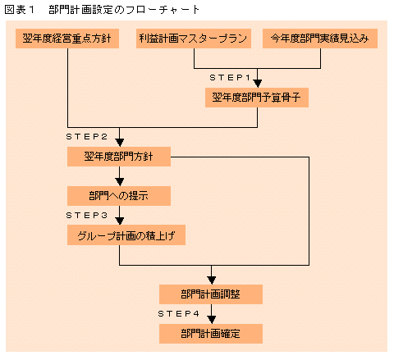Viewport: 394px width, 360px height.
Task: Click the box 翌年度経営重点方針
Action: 67,39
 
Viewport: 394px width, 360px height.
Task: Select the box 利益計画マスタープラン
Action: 194,39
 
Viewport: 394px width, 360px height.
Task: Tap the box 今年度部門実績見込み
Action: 320,39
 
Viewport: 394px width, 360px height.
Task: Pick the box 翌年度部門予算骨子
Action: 257,98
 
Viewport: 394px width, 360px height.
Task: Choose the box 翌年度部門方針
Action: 119,157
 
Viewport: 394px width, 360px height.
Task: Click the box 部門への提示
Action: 119,196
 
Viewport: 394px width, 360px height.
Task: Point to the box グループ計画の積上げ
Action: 126,235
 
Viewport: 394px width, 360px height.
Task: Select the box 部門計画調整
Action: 211,294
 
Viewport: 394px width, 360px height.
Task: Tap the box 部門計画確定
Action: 211,334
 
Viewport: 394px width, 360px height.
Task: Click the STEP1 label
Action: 230,78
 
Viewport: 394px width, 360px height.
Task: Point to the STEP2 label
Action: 86,137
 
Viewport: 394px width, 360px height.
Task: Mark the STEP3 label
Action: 86,216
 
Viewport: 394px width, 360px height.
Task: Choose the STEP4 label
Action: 178,314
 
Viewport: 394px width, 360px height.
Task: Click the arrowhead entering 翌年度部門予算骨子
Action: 257,84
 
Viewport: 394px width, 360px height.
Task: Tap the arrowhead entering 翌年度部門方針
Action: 120,143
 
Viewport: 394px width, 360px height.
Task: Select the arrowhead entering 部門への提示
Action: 120,182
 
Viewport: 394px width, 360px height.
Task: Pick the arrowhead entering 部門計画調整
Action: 211,280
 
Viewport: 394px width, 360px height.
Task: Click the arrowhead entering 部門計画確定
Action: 211,320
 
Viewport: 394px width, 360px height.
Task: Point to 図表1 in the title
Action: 20,10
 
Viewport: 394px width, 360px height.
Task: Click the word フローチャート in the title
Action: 162,10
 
